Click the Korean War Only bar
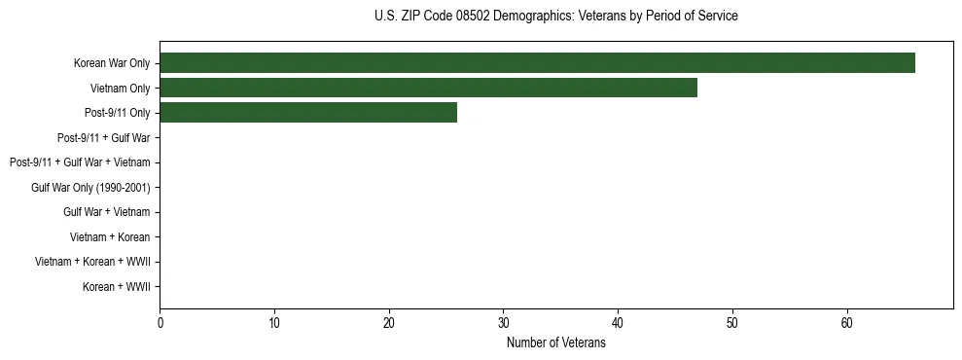click(537, 63)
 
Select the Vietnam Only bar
click(428, 88)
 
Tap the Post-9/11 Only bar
click(307, 113)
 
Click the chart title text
click(555, 17)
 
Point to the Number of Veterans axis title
click(555, 343)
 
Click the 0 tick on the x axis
click(160, 324)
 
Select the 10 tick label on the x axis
click(274, 324)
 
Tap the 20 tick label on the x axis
click(389, 324)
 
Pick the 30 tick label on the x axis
click(503, 324)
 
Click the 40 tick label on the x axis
click(618, 324)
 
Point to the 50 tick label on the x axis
click(732, 324)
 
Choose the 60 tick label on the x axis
click(847, 324)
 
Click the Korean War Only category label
click(112, 64)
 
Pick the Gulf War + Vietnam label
click(107, 212)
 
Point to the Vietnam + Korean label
click(110, 237)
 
